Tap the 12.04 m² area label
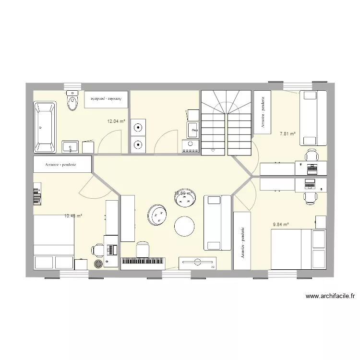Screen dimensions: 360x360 (116, 121)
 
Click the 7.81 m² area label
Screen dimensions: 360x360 (288, 134)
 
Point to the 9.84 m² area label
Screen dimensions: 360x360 (280, 224)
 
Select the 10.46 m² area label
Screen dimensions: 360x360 (73, 216)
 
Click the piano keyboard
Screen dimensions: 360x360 (143, 261)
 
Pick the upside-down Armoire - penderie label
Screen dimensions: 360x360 (107, 98)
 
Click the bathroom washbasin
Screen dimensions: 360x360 (71, 146)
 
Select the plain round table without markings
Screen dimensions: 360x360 (184, 226)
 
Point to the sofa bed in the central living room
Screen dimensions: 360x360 (213, 223)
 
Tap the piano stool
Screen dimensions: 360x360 (143, 249)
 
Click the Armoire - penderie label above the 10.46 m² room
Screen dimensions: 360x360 (62, 165)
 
